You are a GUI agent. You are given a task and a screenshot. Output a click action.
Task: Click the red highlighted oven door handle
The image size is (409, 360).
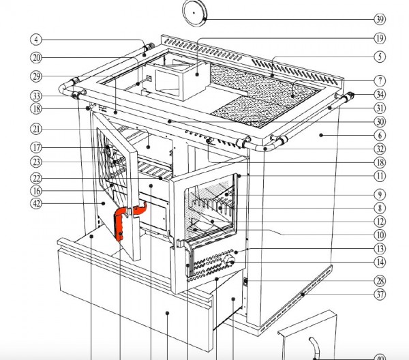128,220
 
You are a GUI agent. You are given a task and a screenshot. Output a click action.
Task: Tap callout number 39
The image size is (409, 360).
380,19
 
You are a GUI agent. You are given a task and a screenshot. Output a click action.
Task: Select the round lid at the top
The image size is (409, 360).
194,13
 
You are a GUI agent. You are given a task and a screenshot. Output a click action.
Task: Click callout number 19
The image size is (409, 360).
380,38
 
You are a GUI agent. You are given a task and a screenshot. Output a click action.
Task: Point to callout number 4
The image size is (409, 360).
36,40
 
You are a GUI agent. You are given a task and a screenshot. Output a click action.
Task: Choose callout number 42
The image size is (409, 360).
36,203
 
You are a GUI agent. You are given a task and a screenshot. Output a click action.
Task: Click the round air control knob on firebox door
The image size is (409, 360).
230,261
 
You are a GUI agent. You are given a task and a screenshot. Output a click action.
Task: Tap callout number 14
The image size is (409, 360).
380,262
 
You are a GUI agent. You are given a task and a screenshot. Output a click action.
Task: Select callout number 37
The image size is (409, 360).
380,295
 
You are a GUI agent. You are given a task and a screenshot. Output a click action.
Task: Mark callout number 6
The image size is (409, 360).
380,135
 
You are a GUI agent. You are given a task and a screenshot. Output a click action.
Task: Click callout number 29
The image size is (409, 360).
36,76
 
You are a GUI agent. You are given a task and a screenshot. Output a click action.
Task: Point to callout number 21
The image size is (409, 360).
36,129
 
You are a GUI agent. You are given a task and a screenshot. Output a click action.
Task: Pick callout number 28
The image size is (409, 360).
380,281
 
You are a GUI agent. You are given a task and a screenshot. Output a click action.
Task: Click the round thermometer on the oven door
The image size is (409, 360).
110,150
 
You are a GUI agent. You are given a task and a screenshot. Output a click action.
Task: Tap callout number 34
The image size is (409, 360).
380,95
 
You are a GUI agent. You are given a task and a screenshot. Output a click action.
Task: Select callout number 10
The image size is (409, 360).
380,235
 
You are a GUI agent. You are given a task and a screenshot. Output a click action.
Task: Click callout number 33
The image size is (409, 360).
36,96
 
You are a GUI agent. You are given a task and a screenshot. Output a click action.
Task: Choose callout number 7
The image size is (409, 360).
380,80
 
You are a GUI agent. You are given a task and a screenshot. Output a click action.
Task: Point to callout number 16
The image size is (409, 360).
36,191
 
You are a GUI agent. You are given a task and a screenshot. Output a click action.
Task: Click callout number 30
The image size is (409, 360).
380,121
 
